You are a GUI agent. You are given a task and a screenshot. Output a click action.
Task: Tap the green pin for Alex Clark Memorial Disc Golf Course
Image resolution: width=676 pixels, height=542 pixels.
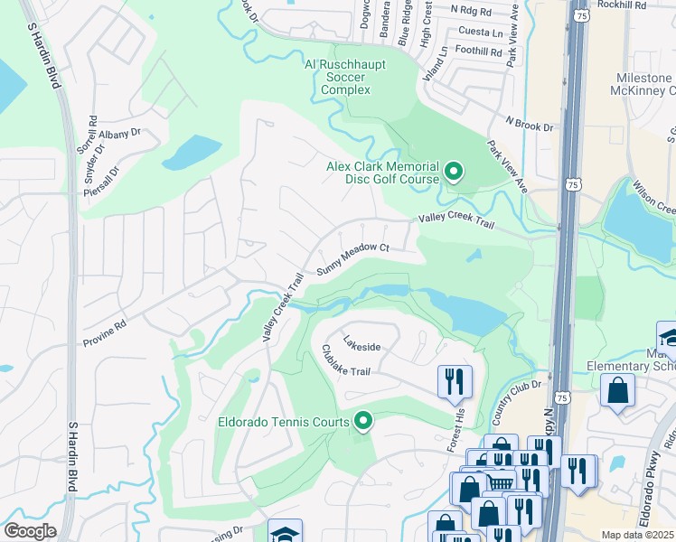pos(454,171)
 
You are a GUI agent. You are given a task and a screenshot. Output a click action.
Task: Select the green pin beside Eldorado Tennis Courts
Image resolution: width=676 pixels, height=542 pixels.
pos(363,421)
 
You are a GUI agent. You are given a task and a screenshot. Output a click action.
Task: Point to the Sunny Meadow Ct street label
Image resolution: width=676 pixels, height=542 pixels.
pos(352,258)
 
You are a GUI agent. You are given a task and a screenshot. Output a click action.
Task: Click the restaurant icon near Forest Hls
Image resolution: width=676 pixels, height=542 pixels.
pos(454,380)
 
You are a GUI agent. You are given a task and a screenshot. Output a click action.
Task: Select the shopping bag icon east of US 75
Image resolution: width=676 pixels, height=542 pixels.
pos(618,392)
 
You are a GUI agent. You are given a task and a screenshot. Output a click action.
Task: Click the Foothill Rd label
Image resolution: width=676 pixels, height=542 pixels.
pos(478,52)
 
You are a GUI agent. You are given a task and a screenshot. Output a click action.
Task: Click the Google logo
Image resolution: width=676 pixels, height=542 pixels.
pos(30,531)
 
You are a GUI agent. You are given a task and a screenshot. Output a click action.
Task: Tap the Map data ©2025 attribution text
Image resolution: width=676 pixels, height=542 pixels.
pos(638,535)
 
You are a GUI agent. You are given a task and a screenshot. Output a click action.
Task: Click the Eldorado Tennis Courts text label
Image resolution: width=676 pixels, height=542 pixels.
pos(285,422)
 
